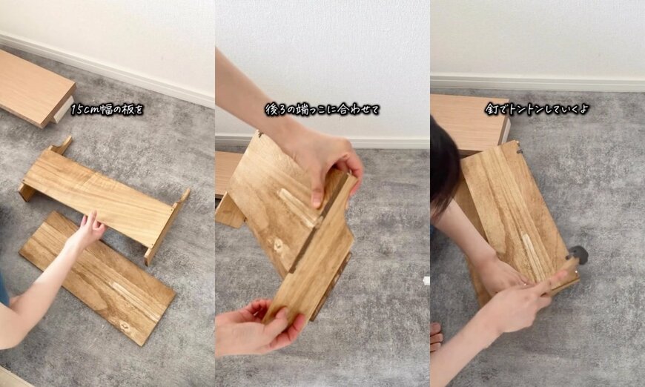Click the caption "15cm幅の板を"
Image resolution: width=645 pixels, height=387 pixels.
coord(107,109)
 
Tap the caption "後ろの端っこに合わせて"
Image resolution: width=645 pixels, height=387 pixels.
coord(322,109)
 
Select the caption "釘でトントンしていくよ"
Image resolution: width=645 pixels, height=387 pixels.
coord(537,109)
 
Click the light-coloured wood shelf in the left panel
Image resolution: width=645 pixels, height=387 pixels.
coord(33,85)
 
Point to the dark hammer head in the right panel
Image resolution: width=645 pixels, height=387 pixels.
coord(579,255)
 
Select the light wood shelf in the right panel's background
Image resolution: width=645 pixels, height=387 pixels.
coord(467,119)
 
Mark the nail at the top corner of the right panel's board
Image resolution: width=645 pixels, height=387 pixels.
coord(519,150)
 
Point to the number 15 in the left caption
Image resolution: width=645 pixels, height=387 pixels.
coord(77,109)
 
